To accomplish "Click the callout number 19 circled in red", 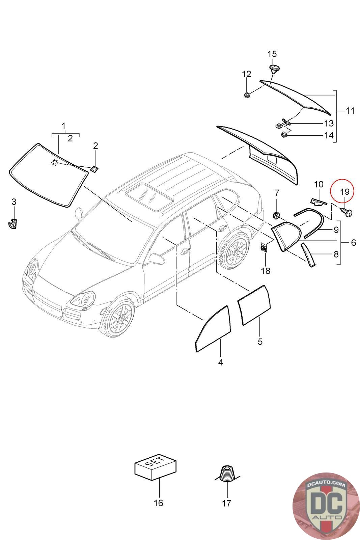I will (344, 192).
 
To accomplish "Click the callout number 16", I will (158, 503).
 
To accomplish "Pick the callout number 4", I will (221, 362).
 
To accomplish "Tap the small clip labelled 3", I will (13, 223).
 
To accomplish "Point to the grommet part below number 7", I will (277, 215).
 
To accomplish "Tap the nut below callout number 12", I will (247, 95).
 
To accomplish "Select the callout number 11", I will (350, 110).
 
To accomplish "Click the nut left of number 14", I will (283, 135).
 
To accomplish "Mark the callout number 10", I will (319, 185).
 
